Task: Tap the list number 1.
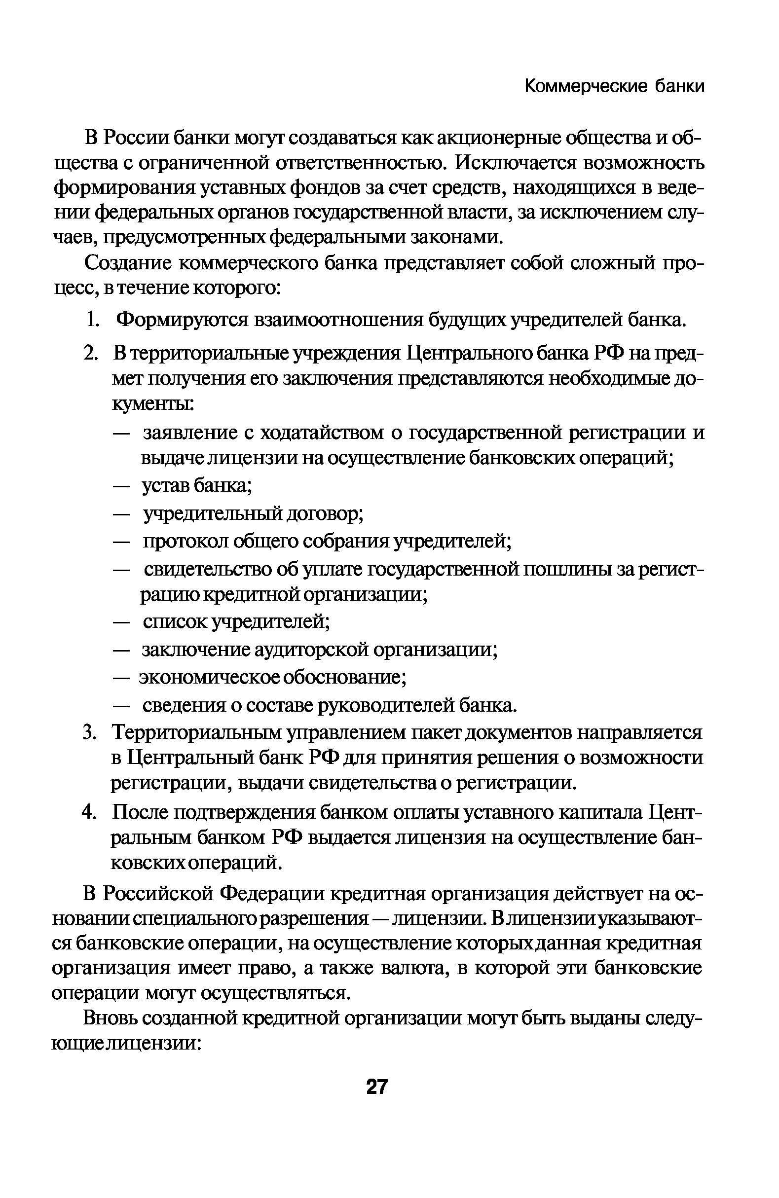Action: coord(91,320)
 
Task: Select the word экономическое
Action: coord(209,678)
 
